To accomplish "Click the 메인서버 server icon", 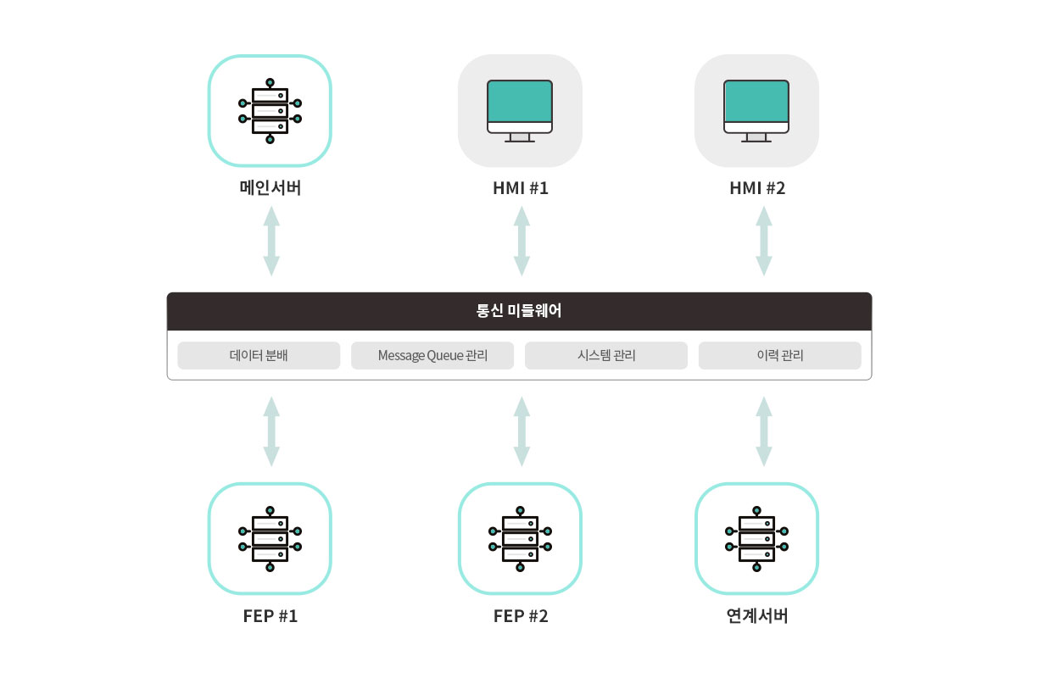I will pos(270,111).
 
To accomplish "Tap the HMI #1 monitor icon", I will pos(520,111).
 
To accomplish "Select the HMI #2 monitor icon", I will pos(756,111).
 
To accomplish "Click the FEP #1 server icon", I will pos(270,539).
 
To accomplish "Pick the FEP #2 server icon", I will pos(520,539).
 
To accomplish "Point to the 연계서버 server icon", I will pos(756,539).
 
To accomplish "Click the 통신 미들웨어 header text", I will pos(519,311).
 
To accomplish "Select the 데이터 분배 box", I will pos(259,356).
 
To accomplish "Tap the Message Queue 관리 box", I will pos(432,356).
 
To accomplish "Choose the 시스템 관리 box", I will pos(605,356).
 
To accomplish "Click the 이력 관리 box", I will pos(779,356).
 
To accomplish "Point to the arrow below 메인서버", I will pos(271,240).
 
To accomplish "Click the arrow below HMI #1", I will pos(522,240).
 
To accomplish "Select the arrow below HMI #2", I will pos(764,240).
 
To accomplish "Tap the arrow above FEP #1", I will pos(271,431).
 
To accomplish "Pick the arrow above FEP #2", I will pos(522,431).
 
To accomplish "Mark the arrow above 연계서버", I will pos(764,431).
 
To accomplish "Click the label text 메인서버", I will pos(270,188).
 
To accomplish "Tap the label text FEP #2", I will pos(521,616).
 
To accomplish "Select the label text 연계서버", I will pos(757,616).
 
